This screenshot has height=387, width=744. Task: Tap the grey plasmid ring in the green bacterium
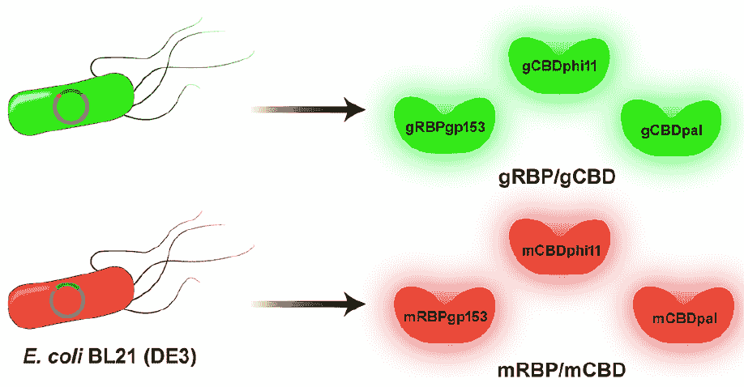click(71, 106)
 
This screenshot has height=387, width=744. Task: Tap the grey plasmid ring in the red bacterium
click(66, 300)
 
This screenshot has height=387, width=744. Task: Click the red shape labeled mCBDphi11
click(554, 253)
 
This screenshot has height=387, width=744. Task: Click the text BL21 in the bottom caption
click(117, 356)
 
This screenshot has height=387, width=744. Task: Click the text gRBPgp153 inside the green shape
click(438, 128)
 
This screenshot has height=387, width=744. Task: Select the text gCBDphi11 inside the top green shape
click(553, 65)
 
